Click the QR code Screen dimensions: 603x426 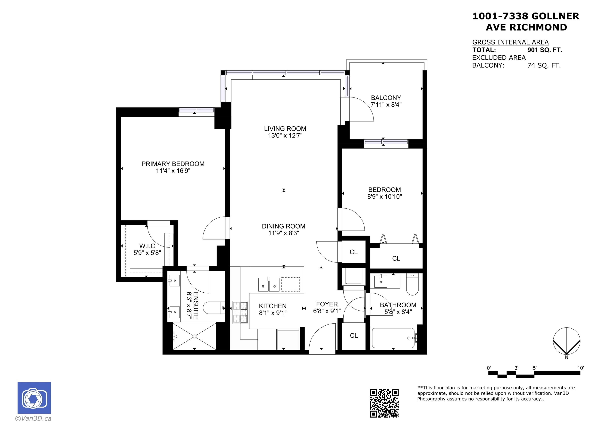click(x=384, y=403)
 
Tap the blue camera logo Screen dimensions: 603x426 click(x=34, y=398)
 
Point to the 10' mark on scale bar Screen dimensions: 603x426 click(x=580, y=368)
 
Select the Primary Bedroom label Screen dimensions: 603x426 click(x=173, y=164)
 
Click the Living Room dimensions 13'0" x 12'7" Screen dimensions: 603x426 click(x=285, y=135)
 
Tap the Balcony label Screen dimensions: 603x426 click(x=386, y=98)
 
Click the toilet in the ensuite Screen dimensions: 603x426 click(x=214, y=308)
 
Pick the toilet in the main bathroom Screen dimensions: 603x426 click(x=412, y=284)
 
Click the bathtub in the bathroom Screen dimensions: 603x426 click(x=393, y=338)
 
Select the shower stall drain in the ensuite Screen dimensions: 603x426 click(x=195, y=336)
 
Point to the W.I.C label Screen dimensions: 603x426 click(x=147, y=246)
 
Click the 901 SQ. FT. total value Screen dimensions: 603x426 click(x=545, y=50)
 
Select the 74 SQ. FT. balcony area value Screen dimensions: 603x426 click(x=544, y=65)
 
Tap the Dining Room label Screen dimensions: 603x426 click(x=284, y=226)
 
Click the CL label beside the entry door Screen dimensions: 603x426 click(x=354, y=335)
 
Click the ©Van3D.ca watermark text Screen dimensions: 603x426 click(x=33, y=419)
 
